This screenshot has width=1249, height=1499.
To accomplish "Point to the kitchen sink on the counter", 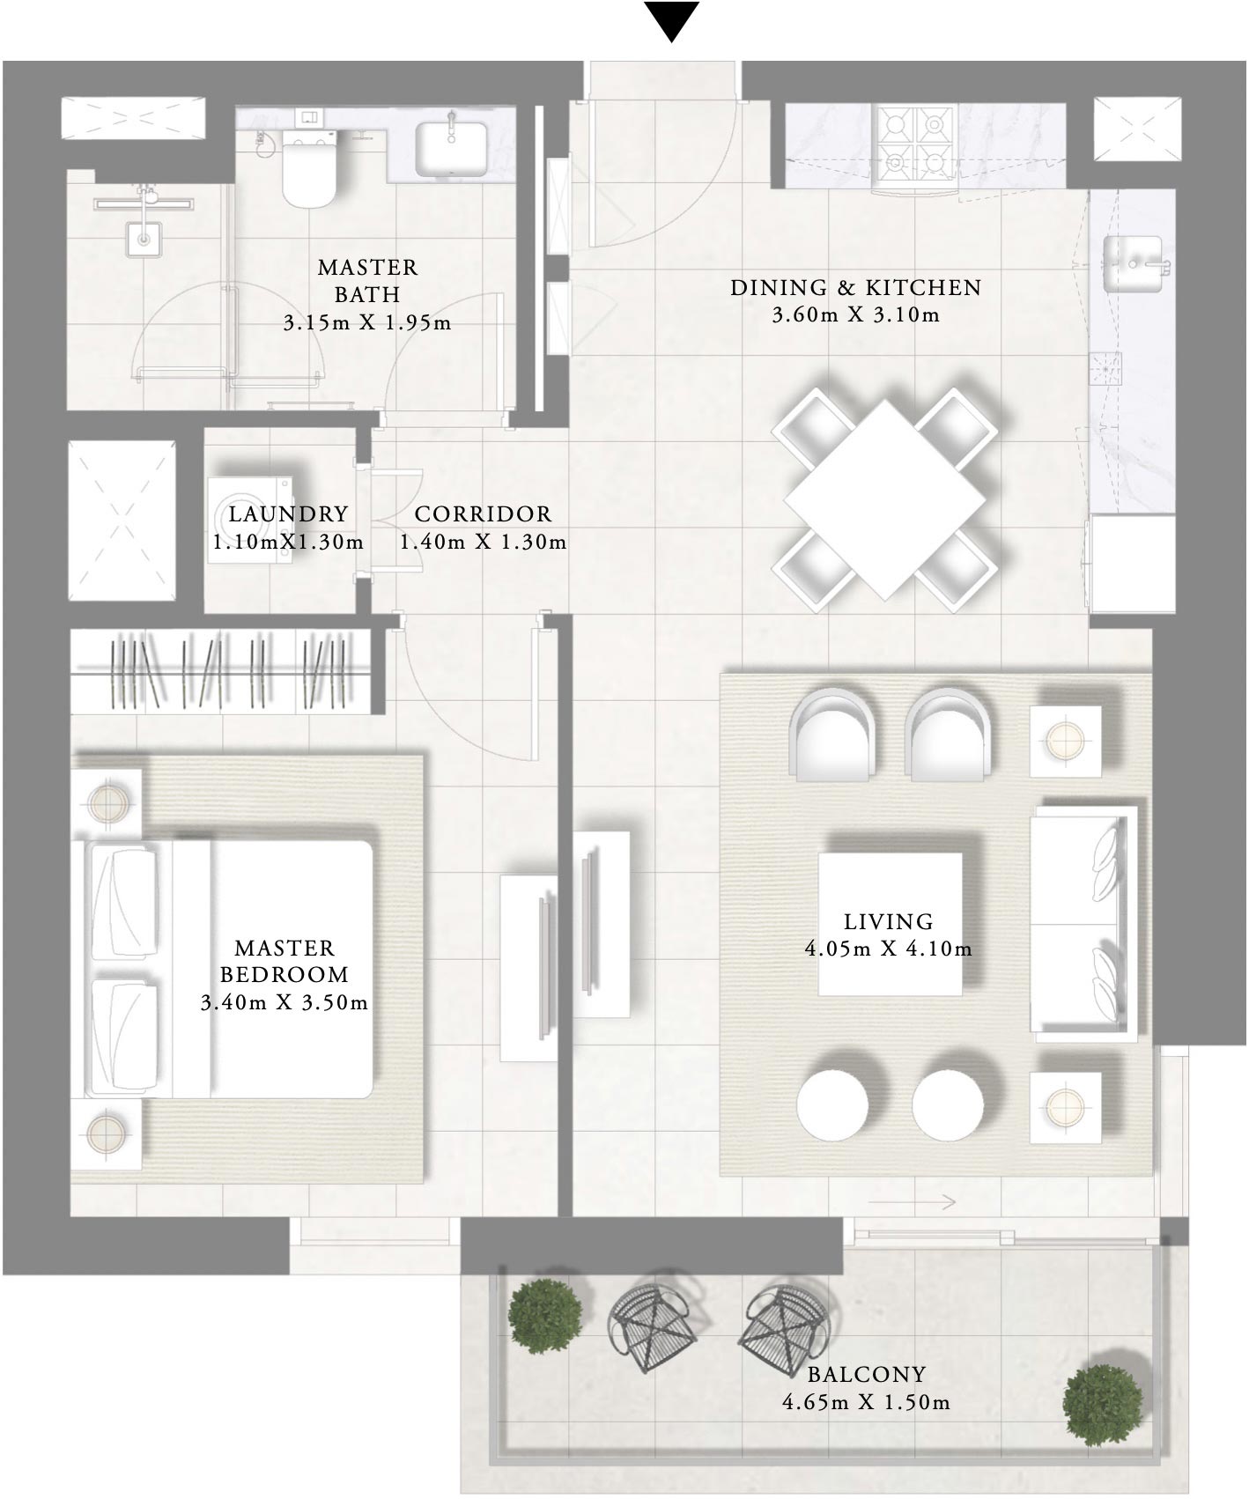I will [x=1135, y=263].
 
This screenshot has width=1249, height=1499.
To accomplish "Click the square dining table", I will [x=884, y=498].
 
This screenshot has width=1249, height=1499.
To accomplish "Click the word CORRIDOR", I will [x=483, y=513].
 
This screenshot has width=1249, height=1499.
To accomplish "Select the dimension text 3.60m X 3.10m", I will [x=855, y=314].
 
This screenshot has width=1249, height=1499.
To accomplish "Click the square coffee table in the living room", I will [x=890, y=923].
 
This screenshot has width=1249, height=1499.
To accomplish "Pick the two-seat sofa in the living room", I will [x=1083, y=921].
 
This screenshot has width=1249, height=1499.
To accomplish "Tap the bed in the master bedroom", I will [x=247, y=969].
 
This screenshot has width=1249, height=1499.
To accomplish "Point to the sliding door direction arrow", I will [x=913, y=1201].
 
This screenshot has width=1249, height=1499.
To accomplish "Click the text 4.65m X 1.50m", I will [x=866, y=1402].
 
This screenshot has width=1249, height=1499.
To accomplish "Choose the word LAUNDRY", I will [x=288, y=513].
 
